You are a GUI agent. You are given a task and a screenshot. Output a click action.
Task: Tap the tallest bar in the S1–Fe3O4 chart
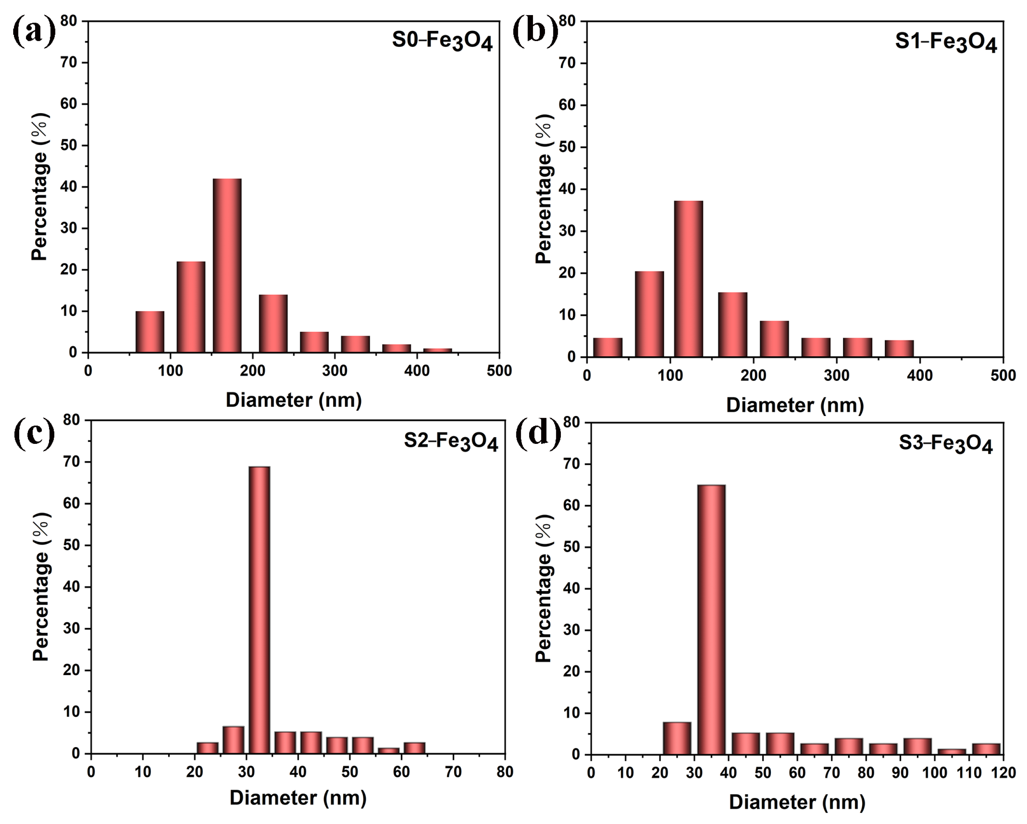(x=688, y=279)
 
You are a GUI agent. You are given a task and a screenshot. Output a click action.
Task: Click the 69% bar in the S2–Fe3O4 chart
(x=259, y=610)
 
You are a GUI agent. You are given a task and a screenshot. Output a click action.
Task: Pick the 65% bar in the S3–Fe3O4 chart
(x=711, y=619)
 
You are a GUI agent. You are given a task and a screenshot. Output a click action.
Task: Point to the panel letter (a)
(x=33, y=33)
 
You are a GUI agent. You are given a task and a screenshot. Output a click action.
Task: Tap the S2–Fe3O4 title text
(x=451, y=442)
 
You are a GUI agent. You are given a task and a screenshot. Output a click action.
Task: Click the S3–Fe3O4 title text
(x=946, y=444)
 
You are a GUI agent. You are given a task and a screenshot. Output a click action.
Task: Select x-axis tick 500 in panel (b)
(x=1003, y=376)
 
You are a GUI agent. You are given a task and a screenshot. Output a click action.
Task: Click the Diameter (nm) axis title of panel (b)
(x=795, y=405)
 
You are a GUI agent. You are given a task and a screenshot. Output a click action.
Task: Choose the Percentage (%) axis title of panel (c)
(x=41, y=587)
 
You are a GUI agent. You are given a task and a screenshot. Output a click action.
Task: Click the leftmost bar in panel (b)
(x=607, y=347)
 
